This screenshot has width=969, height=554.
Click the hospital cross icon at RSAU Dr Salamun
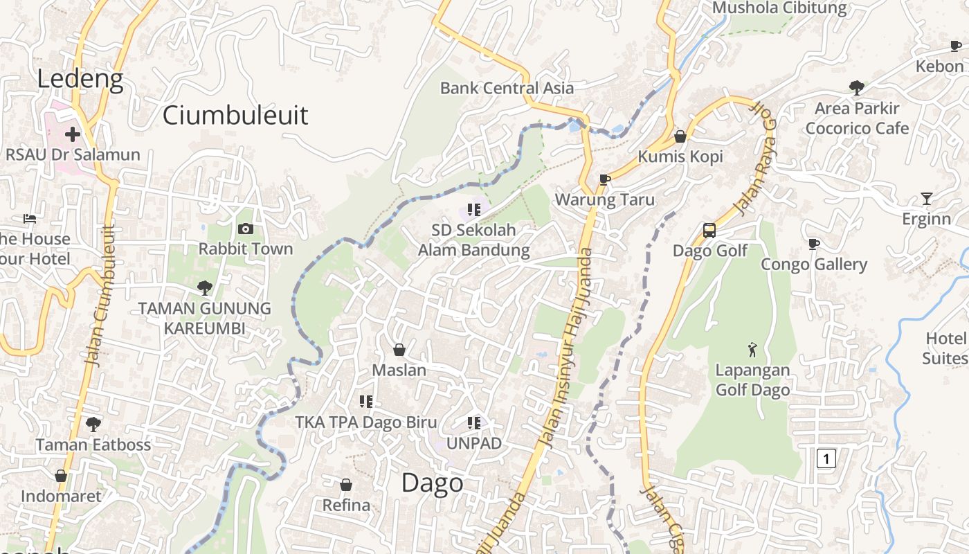coord(73,134)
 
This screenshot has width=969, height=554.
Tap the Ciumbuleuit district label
coord(235,115)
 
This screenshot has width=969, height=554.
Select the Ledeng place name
coord(80,79)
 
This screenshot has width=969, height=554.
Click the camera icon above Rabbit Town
coord(245,229)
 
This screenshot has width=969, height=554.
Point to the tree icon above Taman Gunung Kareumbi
coord(204,288)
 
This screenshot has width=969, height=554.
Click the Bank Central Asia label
coord(507,88)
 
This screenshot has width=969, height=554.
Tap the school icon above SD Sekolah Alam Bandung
coord(473,209)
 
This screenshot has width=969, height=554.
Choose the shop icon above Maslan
coord(399,350)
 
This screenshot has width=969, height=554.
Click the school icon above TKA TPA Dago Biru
coord(366,402)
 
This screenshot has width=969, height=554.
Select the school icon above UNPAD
coord(473,422)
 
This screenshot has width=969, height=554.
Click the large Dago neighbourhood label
coord(433,483)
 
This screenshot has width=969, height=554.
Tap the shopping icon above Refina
coord(346,485)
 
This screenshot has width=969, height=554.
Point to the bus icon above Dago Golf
coord(709,231)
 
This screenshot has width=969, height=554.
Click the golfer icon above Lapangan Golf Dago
coord(752,350)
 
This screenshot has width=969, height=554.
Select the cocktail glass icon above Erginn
coord(927,199)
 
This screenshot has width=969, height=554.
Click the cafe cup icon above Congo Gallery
coord(814,244)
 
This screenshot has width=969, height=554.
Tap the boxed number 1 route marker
coord(826,458)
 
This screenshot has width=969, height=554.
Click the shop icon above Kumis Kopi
coord(680,136)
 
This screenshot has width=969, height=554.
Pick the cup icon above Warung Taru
coord(604,180)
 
